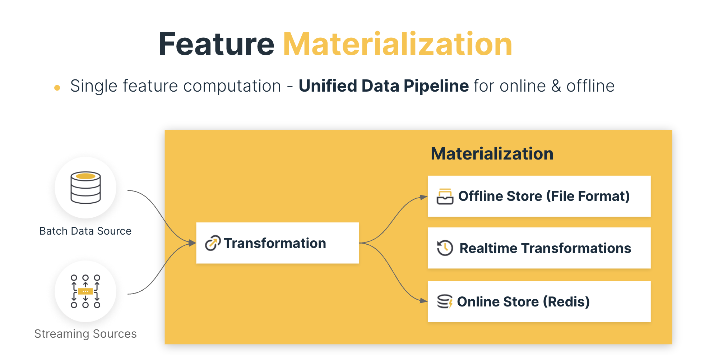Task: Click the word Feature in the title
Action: pyautogui.click(x=217, y=44)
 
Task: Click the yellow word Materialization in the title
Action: pyautogui.click(x=398, y=44)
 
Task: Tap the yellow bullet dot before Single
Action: pyautogui.click(x=57, y=88)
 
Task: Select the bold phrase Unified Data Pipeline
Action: pyautogui.click(x=384, y=86)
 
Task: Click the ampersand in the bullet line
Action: pyautogui.click(x=556, y=86)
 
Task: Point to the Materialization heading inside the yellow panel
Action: pyautogui.click(x=492, y=154)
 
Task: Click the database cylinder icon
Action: pyautogui.click(x=85, y=188)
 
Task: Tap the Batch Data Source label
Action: pyautogui.click(x=85, y=231)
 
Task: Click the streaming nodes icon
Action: pyautogui.click(x=85, y=291)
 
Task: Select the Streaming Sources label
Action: pyautogui.click(x=85, y=334)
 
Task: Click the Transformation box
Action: pyautogui.click(x=277, y=243)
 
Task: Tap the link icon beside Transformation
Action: pyautogui.click(x=213, y=243)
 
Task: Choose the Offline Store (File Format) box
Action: pyautogui.click(x=539, y=196)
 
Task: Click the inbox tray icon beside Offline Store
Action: pyautogui.click(x=445, y=197)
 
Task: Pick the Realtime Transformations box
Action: pyautogui.click(x=539, y=248)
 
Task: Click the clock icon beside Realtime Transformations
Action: pyautogui.click(x=445, y=248)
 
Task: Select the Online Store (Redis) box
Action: pyautogui.click(x=539, y=301)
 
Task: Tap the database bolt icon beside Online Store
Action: pyautogui.click(x=445, y=301)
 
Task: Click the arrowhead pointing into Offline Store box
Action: pyautogui.click(x=424, y=197)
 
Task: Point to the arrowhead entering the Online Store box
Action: pyautogui.click(x=424, y=301)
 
